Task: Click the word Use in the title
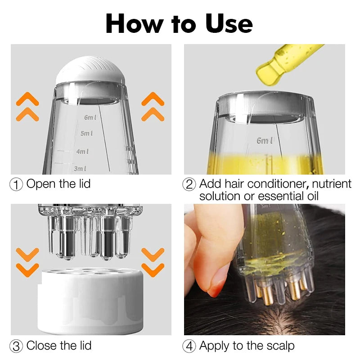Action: tap(229, 24)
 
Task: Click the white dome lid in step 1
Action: tap(90, 70)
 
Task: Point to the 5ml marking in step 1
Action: tap(86, 133)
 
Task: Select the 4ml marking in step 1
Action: tap(82, 152)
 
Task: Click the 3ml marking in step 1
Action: tap(80, 169)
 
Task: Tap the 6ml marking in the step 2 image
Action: tap(265, 140)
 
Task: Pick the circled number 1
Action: tap(16, 184)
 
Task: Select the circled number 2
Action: tap(189, 184)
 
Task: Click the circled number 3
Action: tap(16, 346)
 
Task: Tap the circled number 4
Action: tap(189, 346)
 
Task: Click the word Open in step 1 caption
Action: tap(41, 184)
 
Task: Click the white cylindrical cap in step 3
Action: tap(90, 301)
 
